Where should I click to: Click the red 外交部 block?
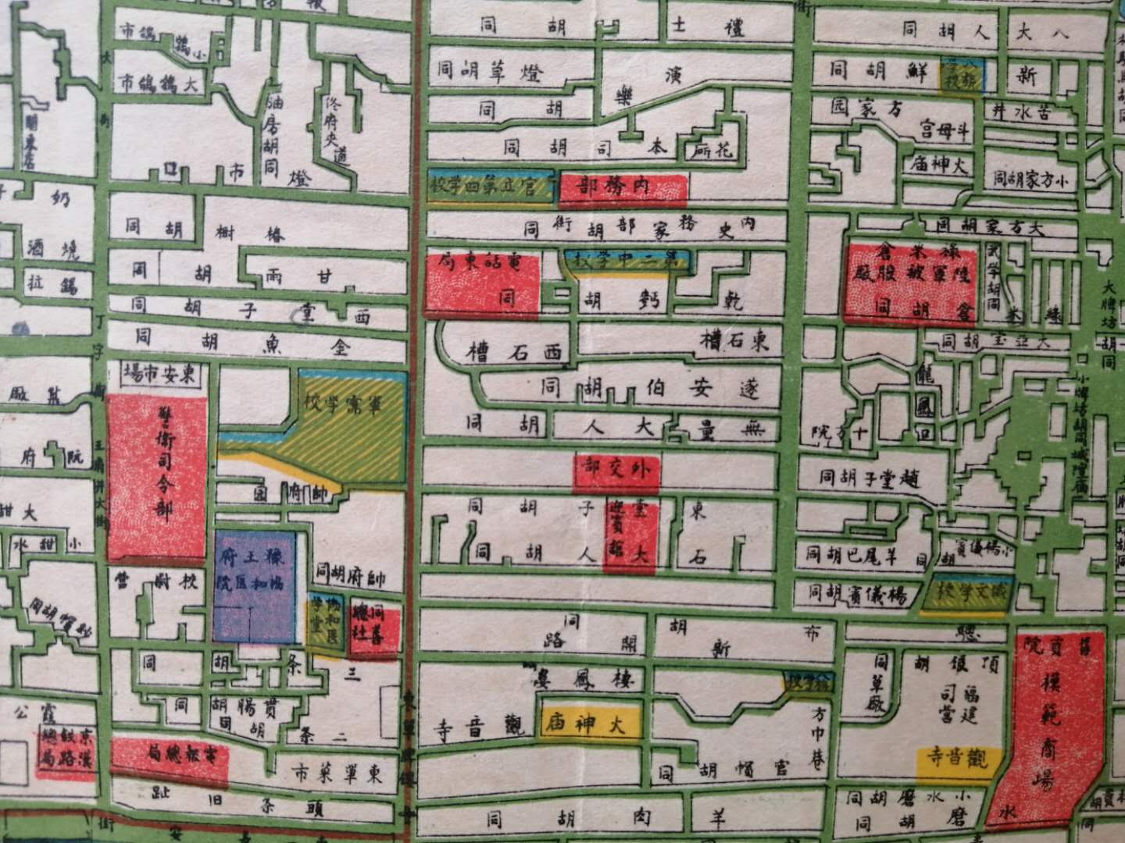point(616,471)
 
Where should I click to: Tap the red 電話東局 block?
point(482,283)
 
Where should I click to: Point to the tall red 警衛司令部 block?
point(156,478)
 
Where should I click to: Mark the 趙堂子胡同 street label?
point(869,477)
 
